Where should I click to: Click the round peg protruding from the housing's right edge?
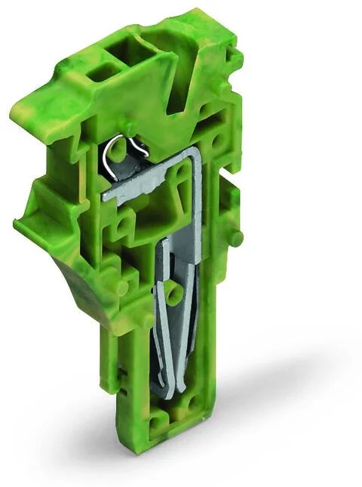pyautogui.click(x=237, y=238)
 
